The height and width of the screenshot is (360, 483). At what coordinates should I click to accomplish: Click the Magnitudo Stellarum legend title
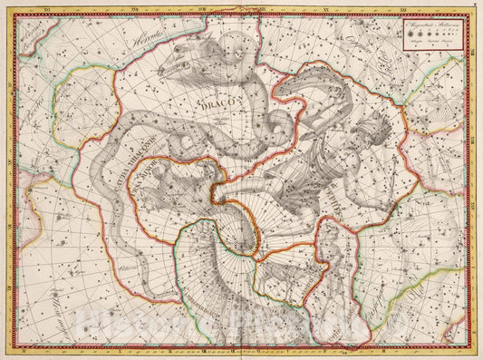pos(433,29)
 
